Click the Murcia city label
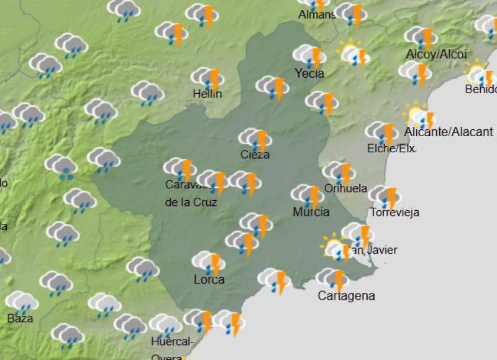coord(311,212)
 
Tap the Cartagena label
coord(346,296)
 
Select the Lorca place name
coord(209,280)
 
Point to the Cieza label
coord(255,155)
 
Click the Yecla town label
coord(309,73)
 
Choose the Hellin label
coord(207,94)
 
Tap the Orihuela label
coord(345,188)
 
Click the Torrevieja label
coord(394,212)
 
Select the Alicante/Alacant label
coord(449,132)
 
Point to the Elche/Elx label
coord(391,149)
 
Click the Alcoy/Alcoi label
coord(436,55)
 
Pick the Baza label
coord(21,319)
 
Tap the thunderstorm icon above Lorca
coord(209,262)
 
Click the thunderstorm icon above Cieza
coord(255,139)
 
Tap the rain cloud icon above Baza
coord(22,302)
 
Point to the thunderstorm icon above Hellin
coord(207,78)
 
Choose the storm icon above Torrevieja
coord(385,196)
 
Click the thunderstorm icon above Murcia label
coord(308,195)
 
